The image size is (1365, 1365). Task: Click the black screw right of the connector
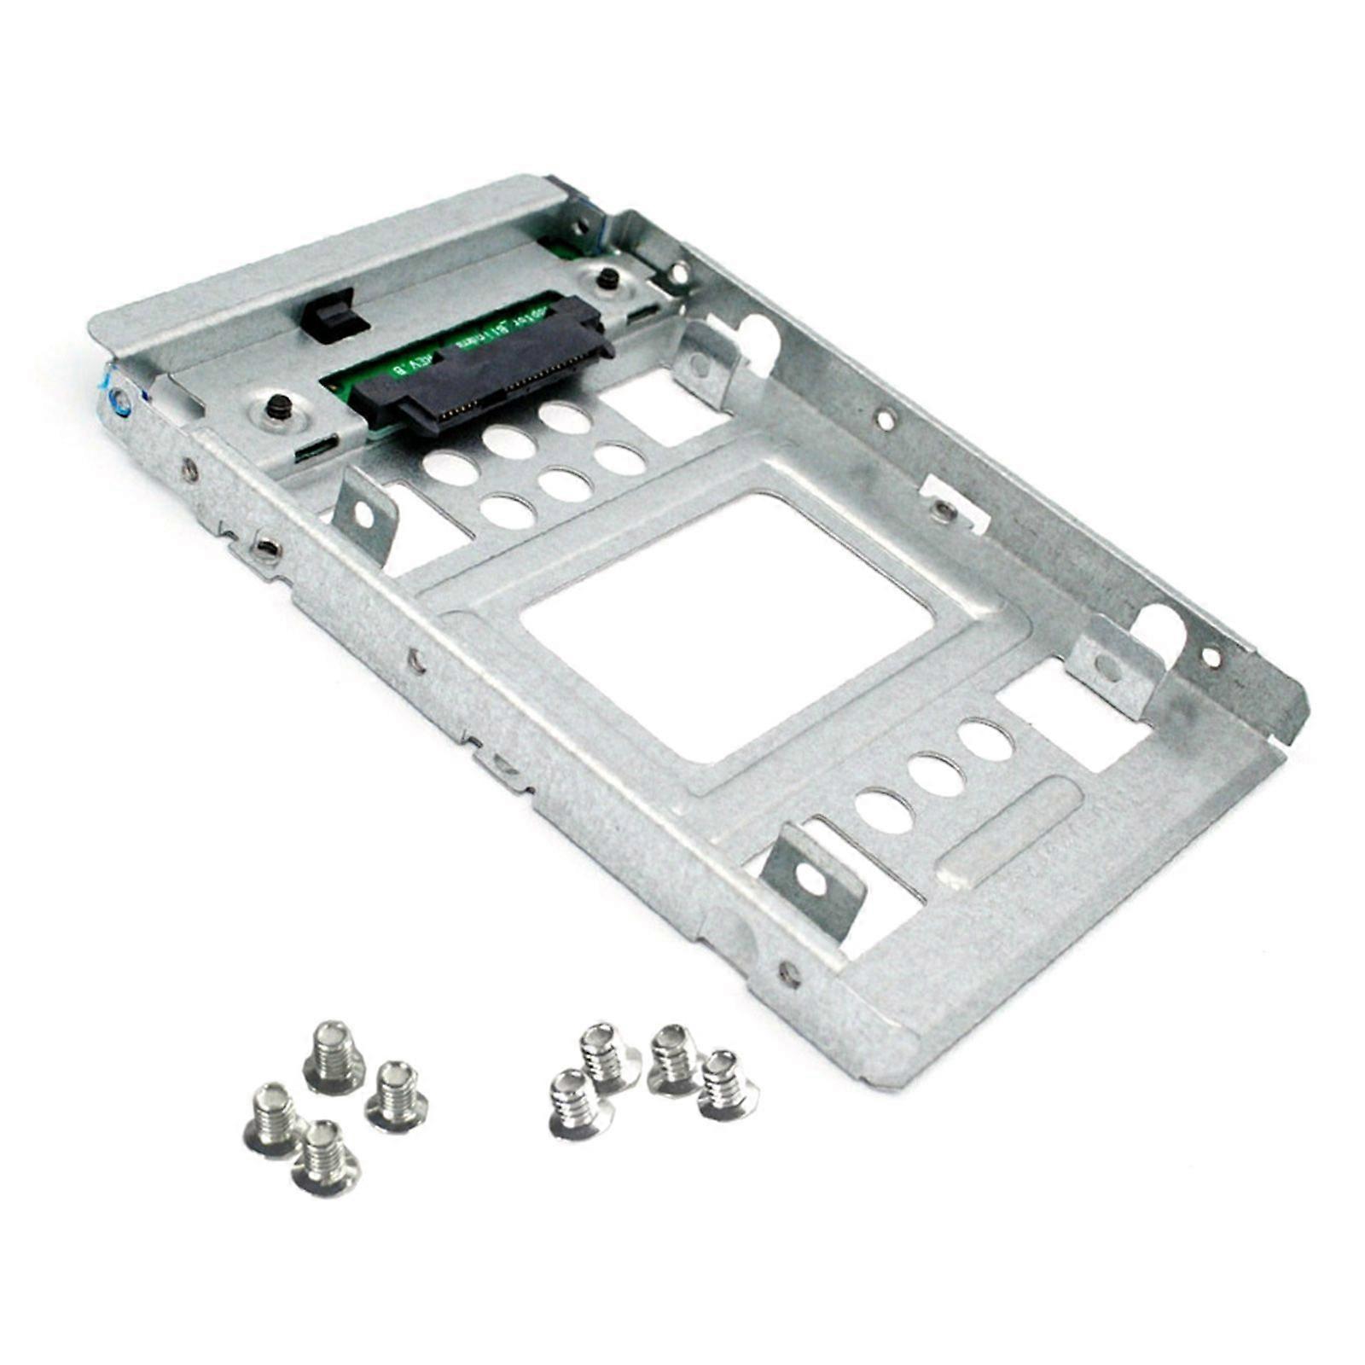pos(608,277)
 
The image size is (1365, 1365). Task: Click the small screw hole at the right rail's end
pos(1210,656)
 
